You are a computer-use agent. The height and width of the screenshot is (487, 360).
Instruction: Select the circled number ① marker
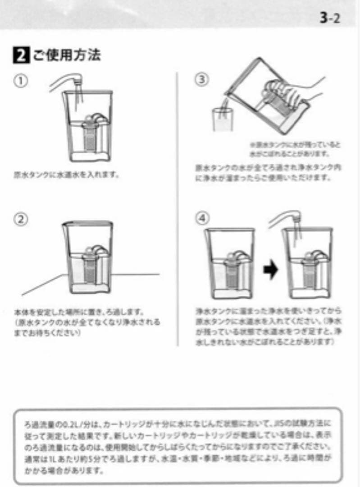pyautogui.click(x=21, y=81)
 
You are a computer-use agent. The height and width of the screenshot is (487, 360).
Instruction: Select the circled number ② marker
pyautogui.click(x=21, y=220)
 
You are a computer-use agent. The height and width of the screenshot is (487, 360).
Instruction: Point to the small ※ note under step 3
pyautogui.click(x=295, y=149)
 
